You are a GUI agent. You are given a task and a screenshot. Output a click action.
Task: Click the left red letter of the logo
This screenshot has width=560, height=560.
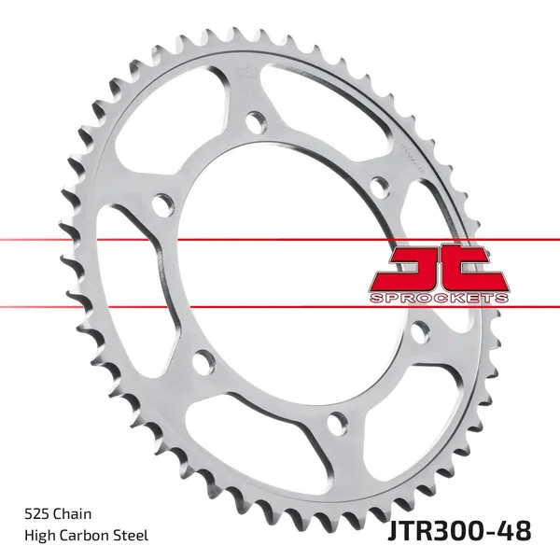pos(416,267)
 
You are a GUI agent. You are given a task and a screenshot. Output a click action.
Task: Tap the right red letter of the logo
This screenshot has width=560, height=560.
pos(475,267)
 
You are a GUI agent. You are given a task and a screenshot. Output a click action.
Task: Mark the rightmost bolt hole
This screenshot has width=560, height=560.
pos(419,329)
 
